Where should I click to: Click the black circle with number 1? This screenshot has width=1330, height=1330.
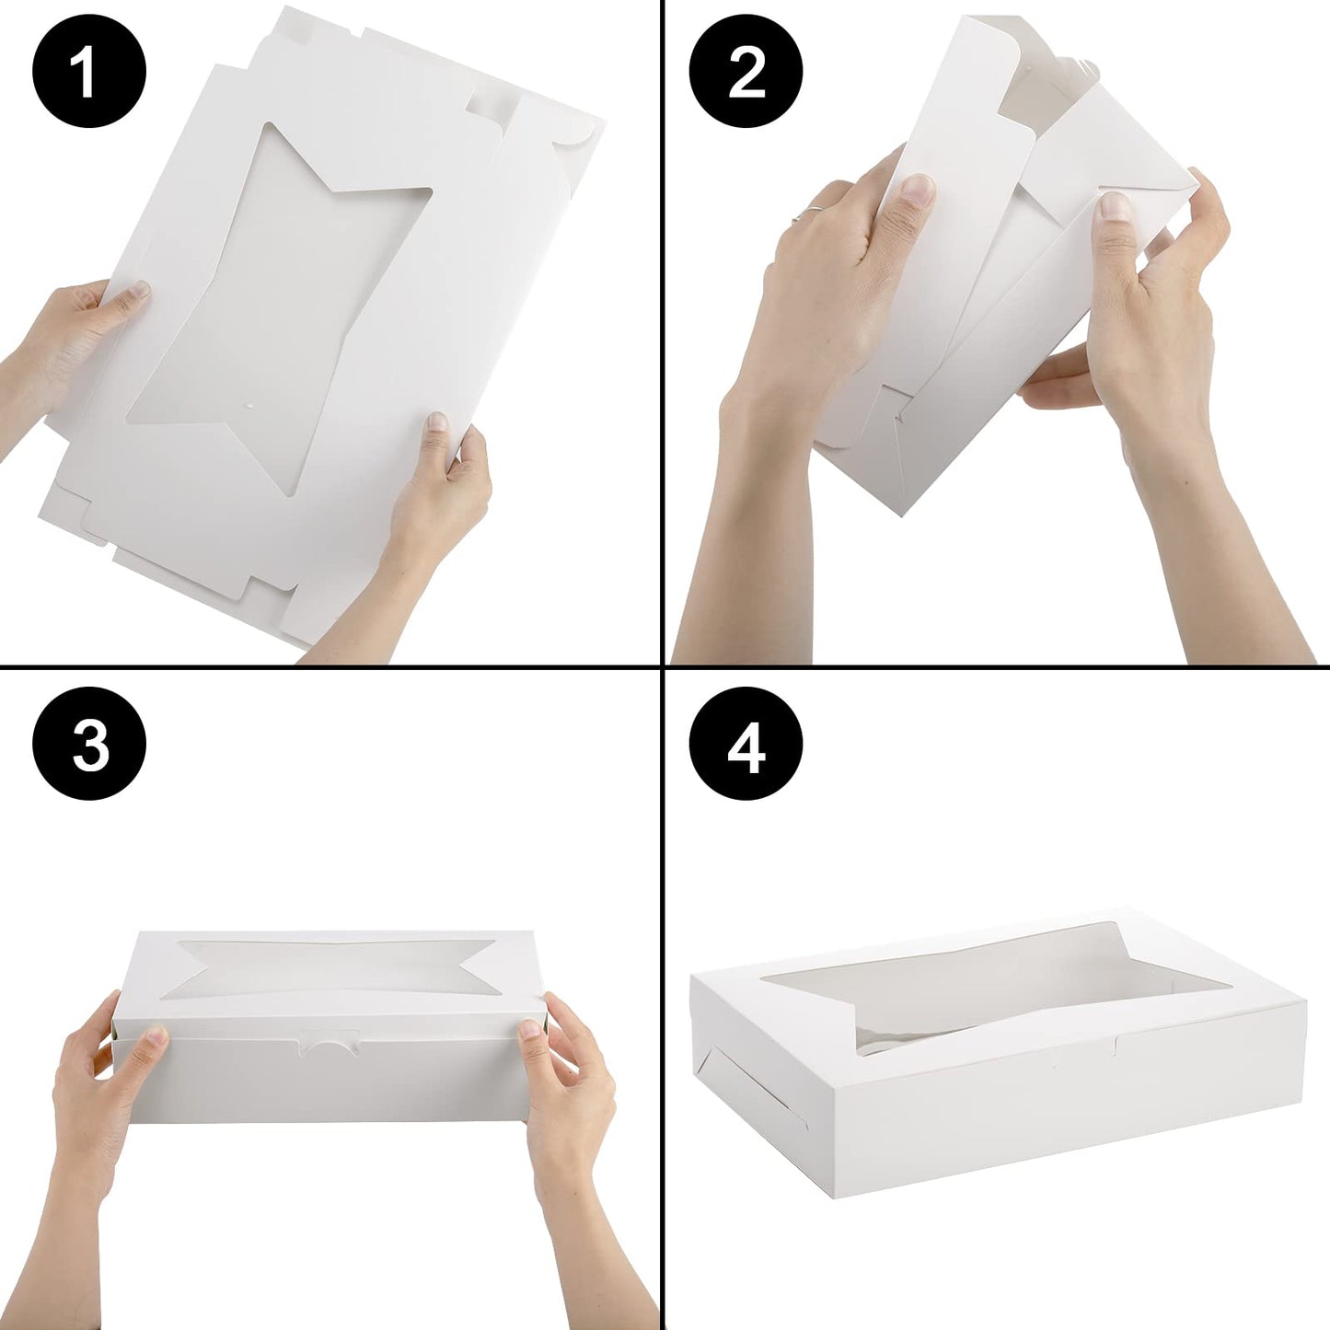89,73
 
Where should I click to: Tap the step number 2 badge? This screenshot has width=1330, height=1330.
746,73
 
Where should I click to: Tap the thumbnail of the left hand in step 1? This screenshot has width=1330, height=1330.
138,291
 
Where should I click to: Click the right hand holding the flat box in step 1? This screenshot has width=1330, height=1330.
442,515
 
